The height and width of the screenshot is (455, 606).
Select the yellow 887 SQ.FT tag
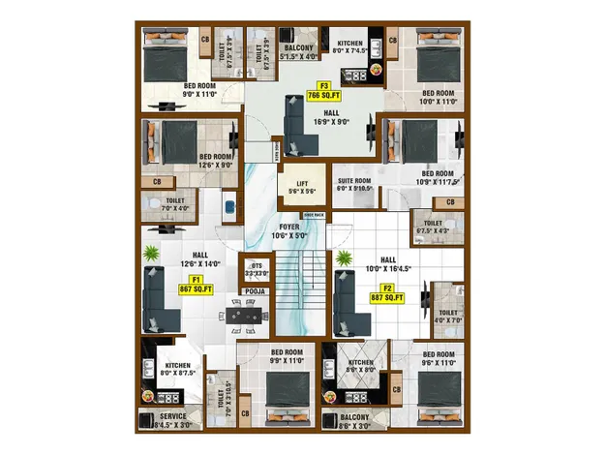pos(385,296)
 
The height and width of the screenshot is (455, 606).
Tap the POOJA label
pos(255,290)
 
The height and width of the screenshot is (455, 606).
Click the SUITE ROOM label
pos(354,181)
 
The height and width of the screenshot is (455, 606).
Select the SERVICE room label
pos(173,416)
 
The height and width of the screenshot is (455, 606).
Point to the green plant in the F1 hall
pos(152,255)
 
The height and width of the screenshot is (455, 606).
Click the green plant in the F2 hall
pos(344,259)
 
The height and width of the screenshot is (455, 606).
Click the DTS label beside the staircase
pos(257,265)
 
